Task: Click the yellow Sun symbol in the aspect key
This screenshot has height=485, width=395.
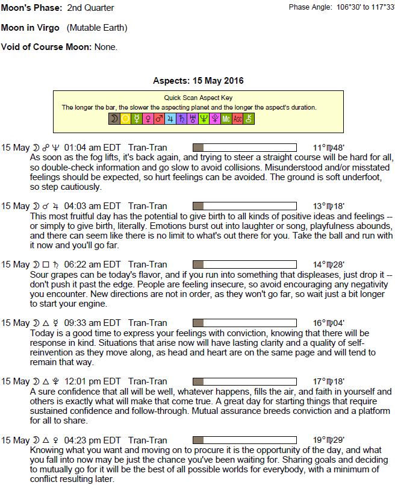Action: [x=125, y=119]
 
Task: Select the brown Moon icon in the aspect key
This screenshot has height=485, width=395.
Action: [x=113, y=119]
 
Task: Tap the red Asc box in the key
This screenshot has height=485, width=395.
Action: [x=237, y=119]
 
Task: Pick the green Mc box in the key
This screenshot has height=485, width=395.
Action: [x=226, y=119]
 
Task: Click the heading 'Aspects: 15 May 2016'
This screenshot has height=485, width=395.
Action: [x=198, y=81]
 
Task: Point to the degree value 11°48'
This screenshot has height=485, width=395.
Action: [x=329, y=148]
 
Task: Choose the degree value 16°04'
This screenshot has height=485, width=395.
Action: [x=329, y=322]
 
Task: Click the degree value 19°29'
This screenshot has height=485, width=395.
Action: [x=329, y=439]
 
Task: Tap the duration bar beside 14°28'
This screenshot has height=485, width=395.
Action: [x=244, y=264]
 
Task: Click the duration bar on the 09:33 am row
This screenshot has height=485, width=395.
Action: [x=244, y=322]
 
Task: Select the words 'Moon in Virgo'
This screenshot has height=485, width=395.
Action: [x=31, y=28]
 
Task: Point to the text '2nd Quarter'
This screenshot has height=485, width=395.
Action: [x=90, y=8]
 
